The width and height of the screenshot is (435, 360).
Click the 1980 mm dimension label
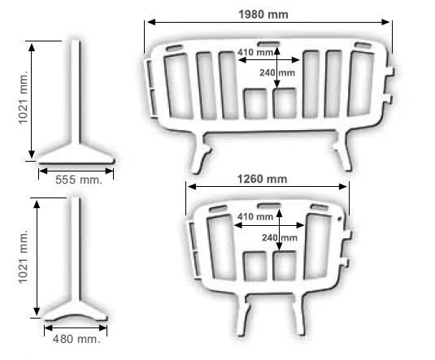tap(263, 15)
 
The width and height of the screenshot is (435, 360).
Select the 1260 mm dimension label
tap(262, 179)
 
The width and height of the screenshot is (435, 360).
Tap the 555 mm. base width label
tap(79, 180)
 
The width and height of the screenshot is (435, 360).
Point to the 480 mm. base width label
tap(76, 339)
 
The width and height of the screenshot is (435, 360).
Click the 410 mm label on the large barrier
tap(255, 52)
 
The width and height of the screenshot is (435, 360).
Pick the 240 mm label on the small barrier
tap(280, 237)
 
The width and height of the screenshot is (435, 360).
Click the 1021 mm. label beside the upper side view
tap(24, 98)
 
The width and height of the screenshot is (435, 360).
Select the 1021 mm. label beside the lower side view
tap(24, 257)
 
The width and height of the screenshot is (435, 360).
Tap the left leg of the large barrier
tap(200, 153)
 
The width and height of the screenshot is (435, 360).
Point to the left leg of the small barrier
tap(244, 314)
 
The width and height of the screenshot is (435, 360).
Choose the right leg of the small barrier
tap(299, 314)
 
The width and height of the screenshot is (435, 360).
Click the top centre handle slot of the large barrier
tap(268, 44)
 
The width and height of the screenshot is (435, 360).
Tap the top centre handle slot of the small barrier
tap(268, 206)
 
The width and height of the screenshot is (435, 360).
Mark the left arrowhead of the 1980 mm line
tap(151, 22)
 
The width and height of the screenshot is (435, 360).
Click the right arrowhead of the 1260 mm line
tap(343, 187)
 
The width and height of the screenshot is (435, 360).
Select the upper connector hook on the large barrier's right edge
tap(389, 72)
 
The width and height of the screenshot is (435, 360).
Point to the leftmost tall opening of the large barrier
tap(178, 86)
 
